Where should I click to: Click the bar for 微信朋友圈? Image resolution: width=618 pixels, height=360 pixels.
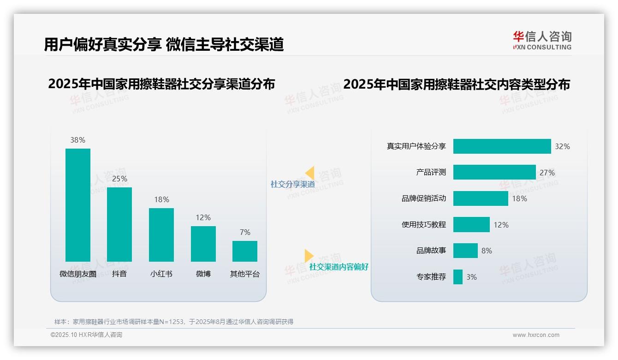(78, 205)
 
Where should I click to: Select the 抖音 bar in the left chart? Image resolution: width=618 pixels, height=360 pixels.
(119, 224)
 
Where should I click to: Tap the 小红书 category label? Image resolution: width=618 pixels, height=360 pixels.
(161, 274)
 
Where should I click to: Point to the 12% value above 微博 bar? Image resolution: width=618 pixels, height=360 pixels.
(203, 217)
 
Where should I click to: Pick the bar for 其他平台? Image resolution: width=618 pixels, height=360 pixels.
(245, 251)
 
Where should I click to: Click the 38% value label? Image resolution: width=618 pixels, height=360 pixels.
(78, 140)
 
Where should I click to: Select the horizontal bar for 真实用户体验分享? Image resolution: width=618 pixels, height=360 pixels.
(502, 146)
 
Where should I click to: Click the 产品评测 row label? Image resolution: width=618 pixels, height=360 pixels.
(431, 172)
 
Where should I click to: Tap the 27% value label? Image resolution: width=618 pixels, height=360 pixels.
(547, 173)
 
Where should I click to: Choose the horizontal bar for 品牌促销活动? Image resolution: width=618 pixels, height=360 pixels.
(481, 198)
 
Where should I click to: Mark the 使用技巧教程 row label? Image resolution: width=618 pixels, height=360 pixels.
(423, 225)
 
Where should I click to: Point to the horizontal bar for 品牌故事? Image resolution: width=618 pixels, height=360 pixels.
(465, 251)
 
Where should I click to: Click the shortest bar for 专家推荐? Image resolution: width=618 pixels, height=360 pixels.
(458, 277)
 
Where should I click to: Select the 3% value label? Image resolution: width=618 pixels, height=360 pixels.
(471, 277)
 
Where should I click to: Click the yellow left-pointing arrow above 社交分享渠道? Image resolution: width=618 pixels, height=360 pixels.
(309, 173)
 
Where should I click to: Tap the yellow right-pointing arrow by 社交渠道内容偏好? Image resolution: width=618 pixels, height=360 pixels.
(309, 256)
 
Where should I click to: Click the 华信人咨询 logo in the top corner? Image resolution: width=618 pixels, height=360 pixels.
(542, 40)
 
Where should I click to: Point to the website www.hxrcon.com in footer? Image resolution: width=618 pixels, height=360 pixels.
(536, 335)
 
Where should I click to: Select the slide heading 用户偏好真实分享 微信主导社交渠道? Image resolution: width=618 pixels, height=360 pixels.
(164, 44)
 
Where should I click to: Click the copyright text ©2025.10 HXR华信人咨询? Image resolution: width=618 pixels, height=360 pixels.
(86, 335)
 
